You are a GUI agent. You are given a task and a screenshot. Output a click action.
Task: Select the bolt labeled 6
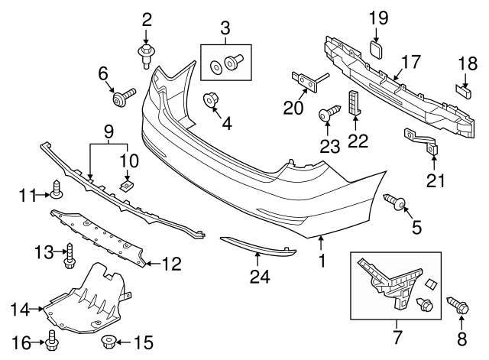(122, 97)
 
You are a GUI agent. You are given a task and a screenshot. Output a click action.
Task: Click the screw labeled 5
(397, 201)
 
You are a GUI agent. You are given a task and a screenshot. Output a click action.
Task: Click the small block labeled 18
(464, 90)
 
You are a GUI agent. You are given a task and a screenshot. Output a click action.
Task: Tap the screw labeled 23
(327, 115)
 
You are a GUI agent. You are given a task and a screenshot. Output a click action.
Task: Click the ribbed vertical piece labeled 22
(353, 102)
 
